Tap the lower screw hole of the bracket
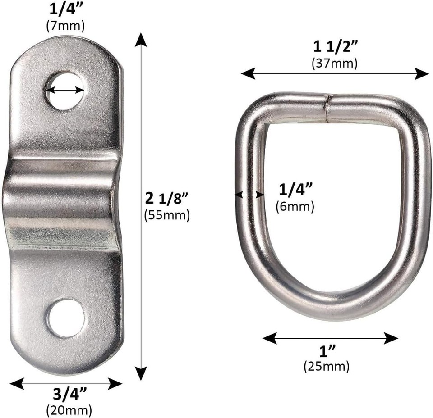click(66, 318)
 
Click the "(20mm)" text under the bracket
click(69, 410)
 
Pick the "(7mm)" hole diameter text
click(65, 26)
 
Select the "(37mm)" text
click(334, 63)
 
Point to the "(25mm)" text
click(326, 366)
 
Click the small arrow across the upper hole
click(65, 90)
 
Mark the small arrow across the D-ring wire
click(250, 195)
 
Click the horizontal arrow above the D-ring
click(334, 73)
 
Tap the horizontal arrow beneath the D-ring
click(330, 338)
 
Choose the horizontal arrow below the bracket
click(66, 384)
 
